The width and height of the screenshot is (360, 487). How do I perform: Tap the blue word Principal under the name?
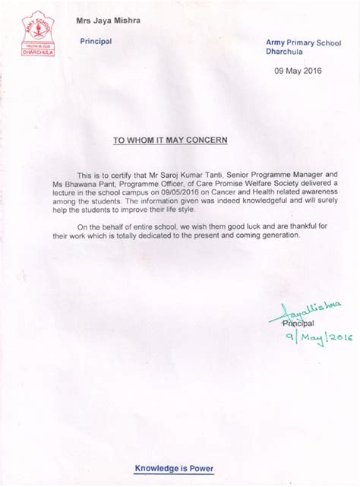(96, 41)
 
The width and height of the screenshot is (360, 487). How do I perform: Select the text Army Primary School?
(296, 46)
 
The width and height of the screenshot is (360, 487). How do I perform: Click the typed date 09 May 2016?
(298, 71)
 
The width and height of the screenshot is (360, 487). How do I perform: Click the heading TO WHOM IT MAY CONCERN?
(170, 141)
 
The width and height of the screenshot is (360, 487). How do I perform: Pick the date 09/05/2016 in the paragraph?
(178, 194)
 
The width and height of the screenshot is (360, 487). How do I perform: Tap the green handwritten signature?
(311, 309)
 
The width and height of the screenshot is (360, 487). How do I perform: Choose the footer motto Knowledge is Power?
(174, 468)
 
